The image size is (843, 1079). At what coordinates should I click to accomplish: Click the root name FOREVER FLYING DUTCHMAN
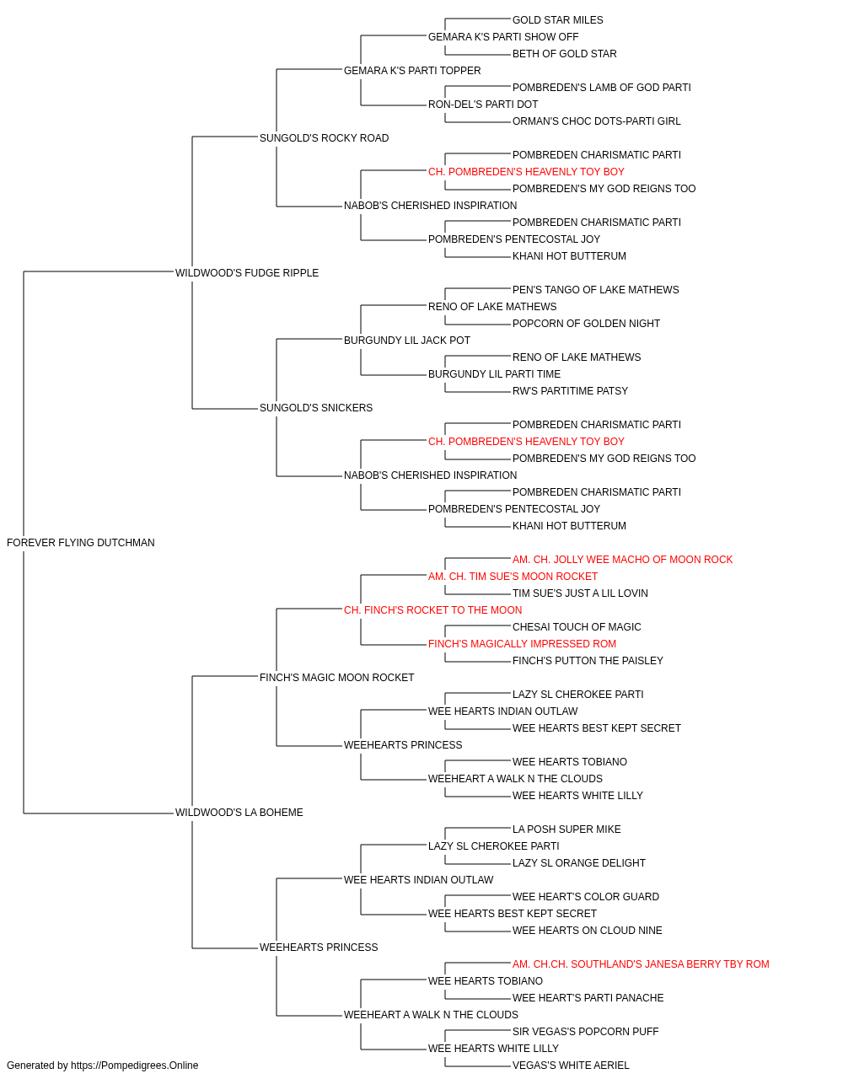80,543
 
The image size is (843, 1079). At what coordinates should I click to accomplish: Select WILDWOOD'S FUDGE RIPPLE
247,273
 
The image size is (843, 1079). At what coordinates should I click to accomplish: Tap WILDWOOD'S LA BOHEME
239,813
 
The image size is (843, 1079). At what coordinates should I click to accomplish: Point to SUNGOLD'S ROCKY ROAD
324,138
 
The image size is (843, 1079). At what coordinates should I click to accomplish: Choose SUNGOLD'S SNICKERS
316,408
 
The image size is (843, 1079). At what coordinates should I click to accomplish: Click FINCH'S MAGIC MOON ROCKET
336,677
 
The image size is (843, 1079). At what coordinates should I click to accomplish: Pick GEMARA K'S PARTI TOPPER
412,71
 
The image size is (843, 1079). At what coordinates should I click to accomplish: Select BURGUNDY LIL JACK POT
406,340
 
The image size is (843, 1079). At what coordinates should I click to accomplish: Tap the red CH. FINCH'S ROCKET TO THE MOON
433,609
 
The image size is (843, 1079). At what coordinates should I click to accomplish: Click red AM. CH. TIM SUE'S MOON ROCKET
513,576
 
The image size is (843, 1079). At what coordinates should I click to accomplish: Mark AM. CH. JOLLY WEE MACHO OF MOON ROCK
623,560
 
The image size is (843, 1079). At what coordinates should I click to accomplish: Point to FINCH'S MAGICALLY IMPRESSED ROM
523,643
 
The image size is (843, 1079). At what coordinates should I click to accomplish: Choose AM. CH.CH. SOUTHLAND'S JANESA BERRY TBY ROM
641,964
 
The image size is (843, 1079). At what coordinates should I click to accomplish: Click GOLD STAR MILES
557,20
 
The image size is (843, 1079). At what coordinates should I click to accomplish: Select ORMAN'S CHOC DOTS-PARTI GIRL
596,121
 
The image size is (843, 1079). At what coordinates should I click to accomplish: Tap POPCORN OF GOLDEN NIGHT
586,323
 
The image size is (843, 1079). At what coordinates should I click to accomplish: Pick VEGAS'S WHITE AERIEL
571,1066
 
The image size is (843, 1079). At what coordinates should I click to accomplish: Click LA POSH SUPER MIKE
566,829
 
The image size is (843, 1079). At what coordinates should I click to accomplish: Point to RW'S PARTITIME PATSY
570,391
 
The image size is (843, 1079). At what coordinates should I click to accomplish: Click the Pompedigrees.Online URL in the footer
135,1066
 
